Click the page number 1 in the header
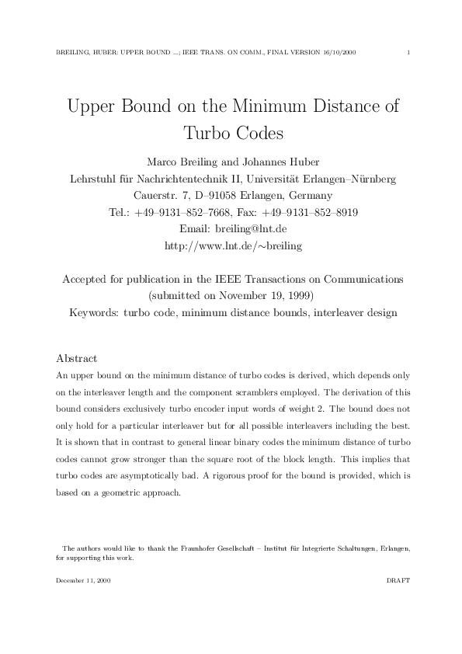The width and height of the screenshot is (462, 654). pyautogui.click(x=408, y=52)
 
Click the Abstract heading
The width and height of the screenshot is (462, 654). pyautogui.click(x=77, y=359)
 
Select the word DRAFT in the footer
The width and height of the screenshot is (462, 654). pyautogui.click(x=398, y=580)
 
